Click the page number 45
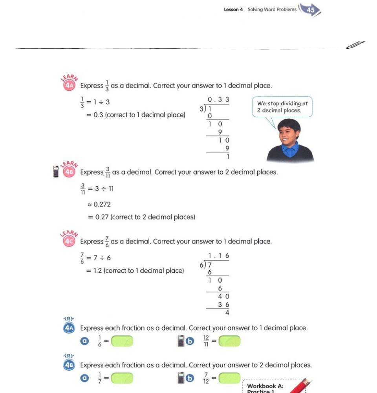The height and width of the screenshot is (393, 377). pos(311,10)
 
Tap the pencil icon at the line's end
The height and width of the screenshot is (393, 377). pos(356,45)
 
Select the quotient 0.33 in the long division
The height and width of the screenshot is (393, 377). pos(218,100)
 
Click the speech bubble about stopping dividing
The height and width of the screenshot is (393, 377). pos(282,107)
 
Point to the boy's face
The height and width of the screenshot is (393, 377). pos(289,134)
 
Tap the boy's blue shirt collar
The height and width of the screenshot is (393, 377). pos(290,149)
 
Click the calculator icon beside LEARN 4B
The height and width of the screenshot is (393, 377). pos(56,172)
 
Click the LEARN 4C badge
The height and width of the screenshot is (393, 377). pos(69,241)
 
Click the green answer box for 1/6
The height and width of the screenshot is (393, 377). pos(122,341)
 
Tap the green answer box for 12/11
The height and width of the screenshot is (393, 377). pos(229,341)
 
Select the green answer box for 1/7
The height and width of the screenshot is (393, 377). pos(122,378)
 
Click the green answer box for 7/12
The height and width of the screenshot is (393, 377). pos(229,378)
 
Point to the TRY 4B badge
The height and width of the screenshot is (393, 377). pos(69,364)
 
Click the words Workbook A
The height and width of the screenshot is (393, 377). pos(265,386)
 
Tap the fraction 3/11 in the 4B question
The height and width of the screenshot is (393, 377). pos(108,172)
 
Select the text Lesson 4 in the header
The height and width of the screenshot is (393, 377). pos(233,9)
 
